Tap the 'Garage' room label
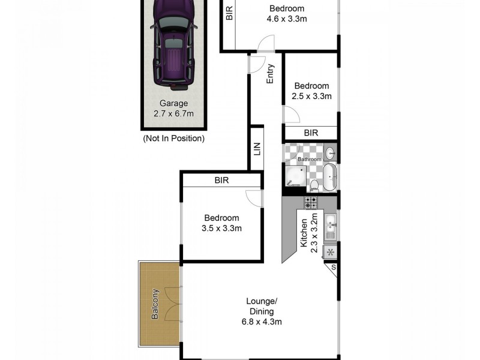(173, 103)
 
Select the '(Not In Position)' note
(173, 139)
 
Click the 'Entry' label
(271, 73)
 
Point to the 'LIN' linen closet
(256, 148)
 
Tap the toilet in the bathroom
(313, 184)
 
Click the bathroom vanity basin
(331, 152)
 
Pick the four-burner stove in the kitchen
(311, 202)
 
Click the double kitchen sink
(331, 227)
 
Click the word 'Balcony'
(155, 304)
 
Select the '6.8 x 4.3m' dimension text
(260, 322)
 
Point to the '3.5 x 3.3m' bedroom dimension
(221, 229)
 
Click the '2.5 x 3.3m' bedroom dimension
(311, 96)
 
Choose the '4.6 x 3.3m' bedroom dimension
(286, 19)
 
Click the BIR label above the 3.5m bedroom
(221, 179)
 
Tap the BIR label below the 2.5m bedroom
(311, 133)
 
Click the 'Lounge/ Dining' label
(260, 306)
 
